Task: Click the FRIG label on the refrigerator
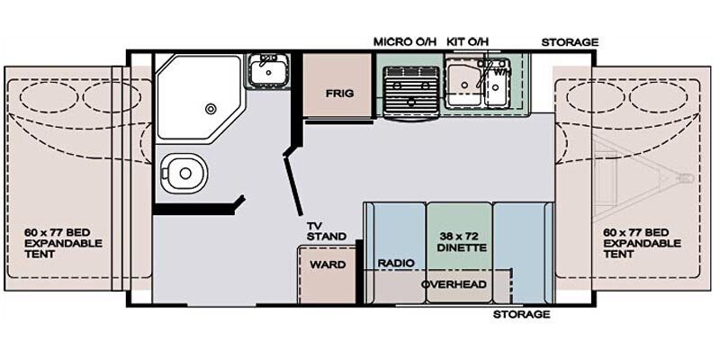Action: (x=339, y=94)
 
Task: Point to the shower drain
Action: (x=211, y=108)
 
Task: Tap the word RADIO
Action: (x=395, y=263)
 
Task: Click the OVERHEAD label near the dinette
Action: (x=454, y=284)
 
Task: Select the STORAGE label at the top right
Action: (x=569, y=41)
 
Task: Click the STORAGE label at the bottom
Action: (x=521, y=314)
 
